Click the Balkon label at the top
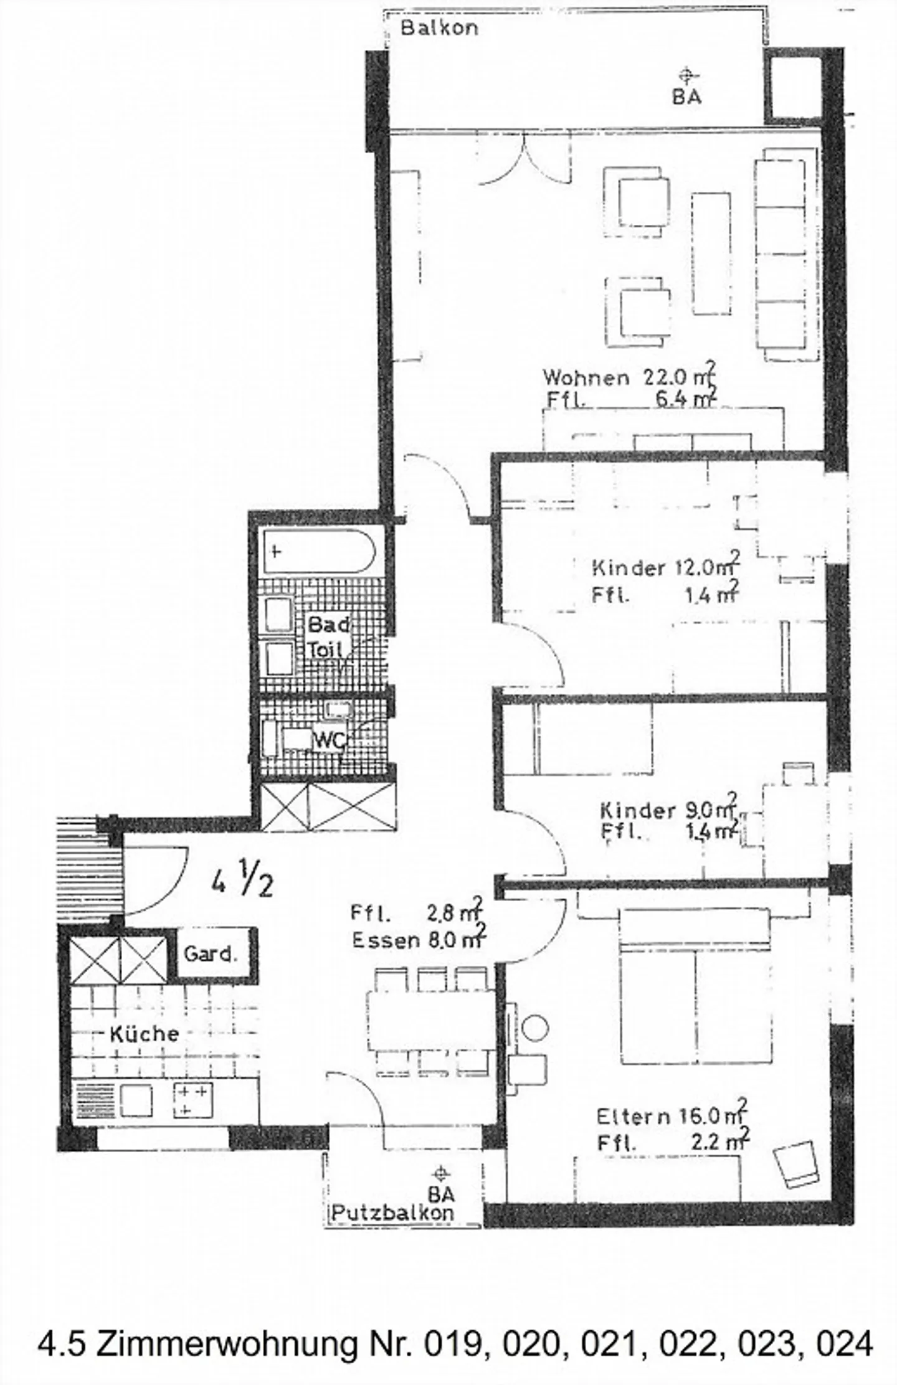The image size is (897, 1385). [x=439, y=28]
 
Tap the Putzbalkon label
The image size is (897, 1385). [x=392, y=1212]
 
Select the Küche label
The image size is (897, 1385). [x=145, y=1034]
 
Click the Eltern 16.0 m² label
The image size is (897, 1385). [x=672, y=1117]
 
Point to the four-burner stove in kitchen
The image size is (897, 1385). [x=194, y=1099]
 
